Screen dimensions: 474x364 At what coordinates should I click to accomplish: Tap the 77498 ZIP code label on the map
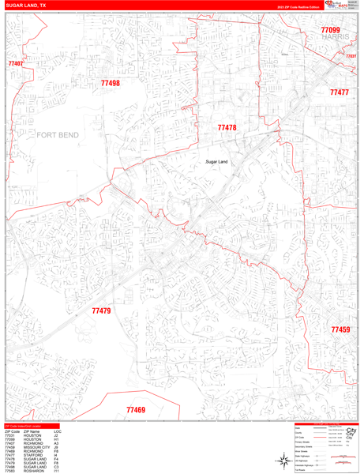click(x=111, y=83)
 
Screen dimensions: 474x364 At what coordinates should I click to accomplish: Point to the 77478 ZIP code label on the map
click(x=227, y=127)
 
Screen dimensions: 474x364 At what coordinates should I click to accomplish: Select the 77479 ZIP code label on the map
click(x=101, y=310)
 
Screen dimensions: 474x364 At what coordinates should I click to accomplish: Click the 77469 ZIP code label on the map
click(x=136, y=410)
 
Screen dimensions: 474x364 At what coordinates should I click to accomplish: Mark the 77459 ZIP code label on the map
click(x=340, y=329)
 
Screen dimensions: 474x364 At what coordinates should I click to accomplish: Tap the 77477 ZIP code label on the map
click(x=339, y=92)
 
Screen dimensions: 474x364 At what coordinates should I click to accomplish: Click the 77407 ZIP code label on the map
click(x=15, y=63)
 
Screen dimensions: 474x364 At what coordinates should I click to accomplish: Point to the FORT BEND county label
click(x=58, y=136)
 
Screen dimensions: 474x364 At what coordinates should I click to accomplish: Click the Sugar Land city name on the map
click(x=216, y=162)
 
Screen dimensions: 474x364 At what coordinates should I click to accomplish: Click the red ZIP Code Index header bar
click(x=32, y=426)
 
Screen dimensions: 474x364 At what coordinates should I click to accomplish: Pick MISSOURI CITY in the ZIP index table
click(x=36, y=447)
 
